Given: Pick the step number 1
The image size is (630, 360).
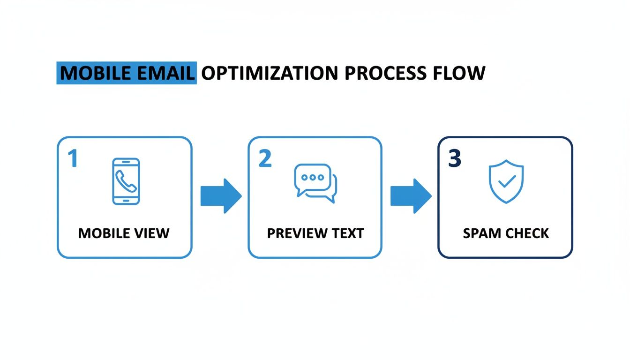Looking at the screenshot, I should (72, 159).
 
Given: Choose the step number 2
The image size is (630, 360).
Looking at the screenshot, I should (265, 159).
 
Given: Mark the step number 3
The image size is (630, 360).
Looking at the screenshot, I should (455, 159).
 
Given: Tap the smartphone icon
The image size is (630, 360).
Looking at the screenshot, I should (126, 181).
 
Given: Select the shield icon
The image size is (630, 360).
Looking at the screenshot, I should (506, 181).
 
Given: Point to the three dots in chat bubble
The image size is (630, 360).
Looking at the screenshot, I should (313, 178).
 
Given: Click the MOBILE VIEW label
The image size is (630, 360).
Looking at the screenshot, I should (124, 233).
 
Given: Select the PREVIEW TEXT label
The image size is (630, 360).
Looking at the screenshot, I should (315, 233).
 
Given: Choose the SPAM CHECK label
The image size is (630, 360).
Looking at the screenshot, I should (505, 233).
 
